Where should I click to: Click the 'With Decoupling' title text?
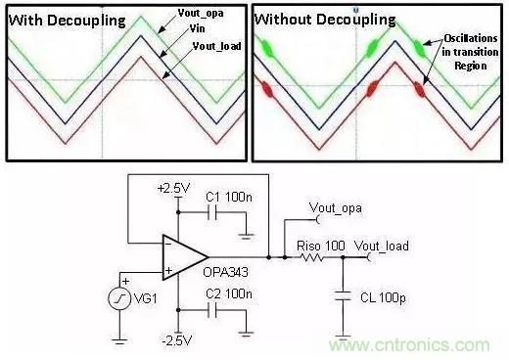68,21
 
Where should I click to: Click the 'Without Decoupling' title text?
325,20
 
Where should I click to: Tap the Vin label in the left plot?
197,29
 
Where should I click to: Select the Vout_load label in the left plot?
216,46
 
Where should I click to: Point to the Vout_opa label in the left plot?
201,13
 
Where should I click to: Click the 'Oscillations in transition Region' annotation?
470,52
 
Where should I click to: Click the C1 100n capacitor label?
229,197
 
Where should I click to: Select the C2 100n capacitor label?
229,293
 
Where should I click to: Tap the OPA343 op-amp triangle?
185,257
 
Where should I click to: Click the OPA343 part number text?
225,272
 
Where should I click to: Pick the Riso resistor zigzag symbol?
311,257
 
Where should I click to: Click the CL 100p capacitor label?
383,297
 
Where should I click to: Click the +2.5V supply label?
173,189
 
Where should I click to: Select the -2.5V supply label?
177,340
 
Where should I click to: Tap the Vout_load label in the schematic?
382,246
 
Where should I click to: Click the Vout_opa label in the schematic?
336,208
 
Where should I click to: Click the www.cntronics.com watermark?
409,344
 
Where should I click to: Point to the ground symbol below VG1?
119,341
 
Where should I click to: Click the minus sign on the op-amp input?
168,243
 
